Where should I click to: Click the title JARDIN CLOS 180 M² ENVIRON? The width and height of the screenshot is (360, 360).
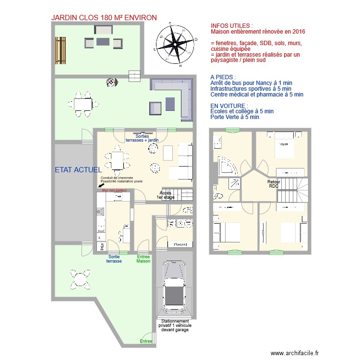104,18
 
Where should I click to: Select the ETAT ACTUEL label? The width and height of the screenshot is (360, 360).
78,169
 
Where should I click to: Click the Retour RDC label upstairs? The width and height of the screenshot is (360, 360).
274,184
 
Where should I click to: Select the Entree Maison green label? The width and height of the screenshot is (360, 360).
144,259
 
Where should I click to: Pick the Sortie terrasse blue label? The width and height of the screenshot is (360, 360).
114,259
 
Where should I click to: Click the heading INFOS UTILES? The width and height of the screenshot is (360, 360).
231,25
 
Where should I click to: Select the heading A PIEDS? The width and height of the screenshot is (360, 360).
223,77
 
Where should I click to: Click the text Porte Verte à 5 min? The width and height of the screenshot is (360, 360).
235,117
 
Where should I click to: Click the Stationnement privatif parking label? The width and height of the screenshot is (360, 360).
175,325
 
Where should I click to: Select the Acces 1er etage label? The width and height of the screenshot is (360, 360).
166,194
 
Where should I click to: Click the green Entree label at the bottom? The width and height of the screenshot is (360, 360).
146,341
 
